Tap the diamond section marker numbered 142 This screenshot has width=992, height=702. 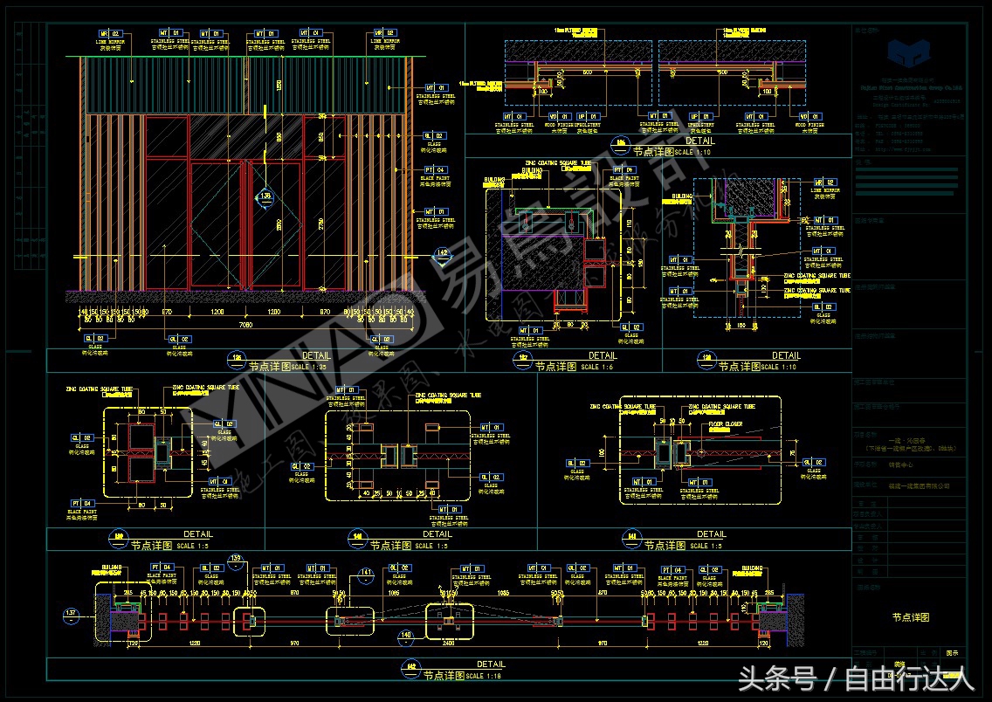coord(443,253)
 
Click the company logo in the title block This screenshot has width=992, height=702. coord(910,52)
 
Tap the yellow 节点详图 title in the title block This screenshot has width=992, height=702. coord(910,617)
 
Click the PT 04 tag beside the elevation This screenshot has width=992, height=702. coord(434,169)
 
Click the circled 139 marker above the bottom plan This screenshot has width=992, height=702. coord(234,558)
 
